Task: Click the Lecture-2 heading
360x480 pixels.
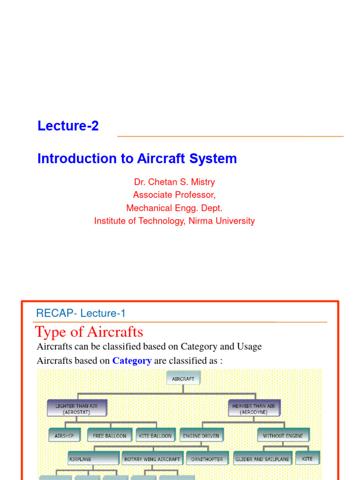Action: (x=68, y=126)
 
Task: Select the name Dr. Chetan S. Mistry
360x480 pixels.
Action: (x=174, y=182)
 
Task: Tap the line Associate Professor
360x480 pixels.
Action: (x=174, y=195)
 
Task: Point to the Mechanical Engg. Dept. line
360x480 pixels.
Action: (x=174, y=208)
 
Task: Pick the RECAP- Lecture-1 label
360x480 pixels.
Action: (x=81, y=314)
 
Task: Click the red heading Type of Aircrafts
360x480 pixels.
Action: (x=89, y=332)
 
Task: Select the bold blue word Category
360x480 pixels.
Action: (x=132, y=361)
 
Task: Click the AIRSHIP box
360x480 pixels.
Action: (x=64, y=435)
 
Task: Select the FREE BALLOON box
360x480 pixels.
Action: (x=110, y=435)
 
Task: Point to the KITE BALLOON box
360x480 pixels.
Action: (x=155, y=435)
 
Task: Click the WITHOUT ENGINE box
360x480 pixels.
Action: (x=283, y=435)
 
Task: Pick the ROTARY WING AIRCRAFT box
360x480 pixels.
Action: (x=152, y=459)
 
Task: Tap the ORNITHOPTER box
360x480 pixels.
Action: (x=207, y=459)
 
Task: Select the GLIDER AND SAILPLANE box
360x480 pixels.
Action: (x=262, y=459)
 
